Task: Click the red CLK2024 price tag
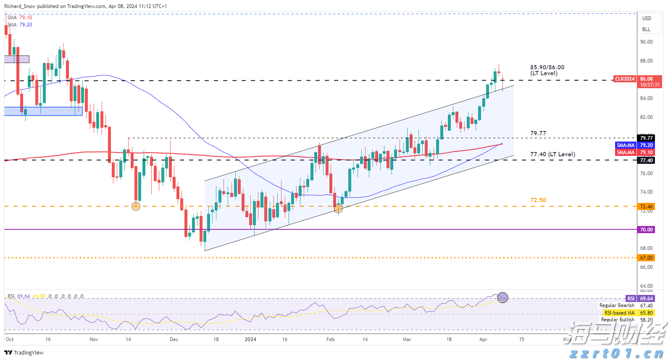pyautogui.click(x=625, y=79)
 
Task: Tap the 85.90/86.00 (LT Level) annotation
pyautogui.click(x=547, y=70)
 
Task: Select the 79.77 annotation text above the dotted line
pyautogui.click(x=538, y=133)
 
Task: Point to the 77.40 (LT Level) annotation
pyautogui.click(x=552, y=154)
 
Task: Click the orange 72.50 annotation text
pyautogui.click(x=538, y=200)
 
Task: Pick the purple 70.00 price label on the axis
pyautogui.click(x=646, y=230)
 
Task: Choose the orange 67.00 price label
pyautogui.click(x=646, y=258)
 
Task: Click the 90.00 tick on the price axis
pyautogui.click(x=646, y=42)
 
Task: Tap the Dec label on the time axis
pyautogui.click(x=174, y=339)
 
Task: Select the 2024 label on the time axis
pyautogui.click(x=250, y=339)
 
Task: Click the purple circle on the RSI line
pyautogui.click(x=502, y=298)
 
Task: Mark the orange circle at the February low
pyautogui.click(x=338, y=208)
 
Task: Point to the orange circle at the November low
pyautogui.click(x=136, y=206)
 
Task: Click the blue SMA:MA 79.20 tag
pyautogui.click(x=626, y=145)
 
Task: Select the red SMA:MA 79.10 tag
pyautogui.click(x=626, y=152)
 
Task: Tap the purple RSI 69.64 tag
pyautogui.click(x=631, y=299)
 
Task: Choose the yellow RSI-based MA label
pyautogui.click(x=619, y=313)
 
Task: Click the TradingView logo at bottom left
pyautogui.click(x=24, y=352)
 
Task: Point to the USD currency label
pyautogui.click(x=647, y=18)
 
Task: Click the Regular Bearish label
pyautogui.click(x=617, y=305)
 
